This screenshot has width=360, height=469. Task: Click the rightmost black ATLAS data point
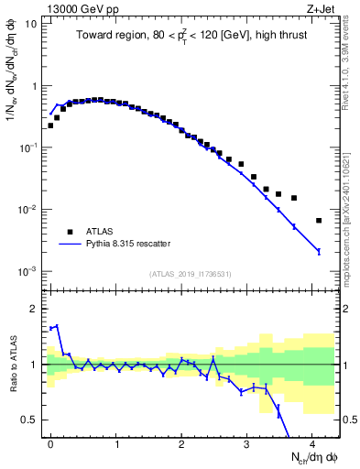[319, 221]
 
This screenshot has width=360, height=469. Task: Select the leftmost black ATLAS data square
[50, 125]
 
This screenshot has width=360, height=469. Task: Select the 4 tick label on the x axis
[312, 442]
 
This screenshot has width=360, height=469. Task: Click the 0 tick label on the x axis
[50, 442]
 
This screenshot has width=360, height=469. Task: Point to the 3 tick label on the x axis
[247, 442]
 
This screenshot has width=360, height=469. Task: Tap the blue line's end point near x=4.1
[319, 251]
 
